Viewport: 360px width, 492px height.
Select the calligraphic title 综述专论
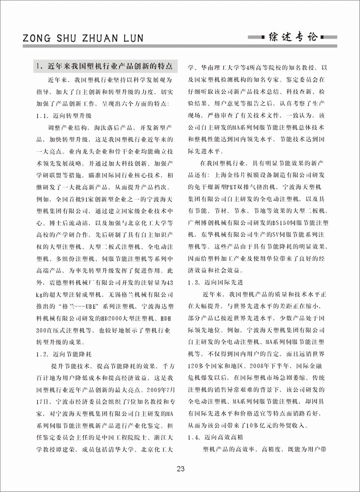299,36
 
